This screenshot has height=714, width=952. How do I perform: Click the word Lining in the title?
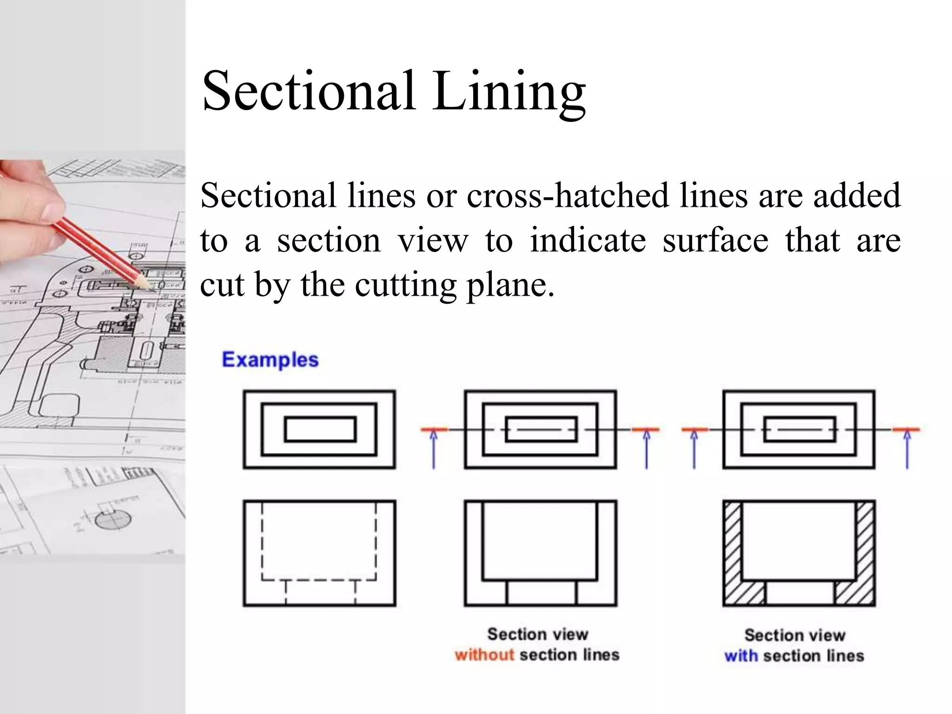509,92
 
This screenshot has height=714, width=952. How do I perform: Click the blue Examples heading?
270,359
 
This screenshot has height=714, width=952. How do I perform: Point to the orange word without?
484,654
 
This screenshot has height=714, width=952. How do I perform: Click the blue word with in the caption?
740,655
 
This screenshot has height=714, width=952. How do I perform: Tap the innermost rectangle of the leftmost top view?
320,429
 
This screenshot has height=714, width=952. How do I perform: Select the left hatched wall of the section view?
732,542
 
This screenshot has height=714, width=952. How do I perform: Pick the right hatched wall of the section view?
865,542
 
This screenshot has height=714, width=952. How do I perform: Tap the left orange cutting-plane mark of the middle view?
434,430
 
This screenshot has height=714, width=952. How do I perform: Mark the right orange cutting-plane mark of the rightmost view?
906,429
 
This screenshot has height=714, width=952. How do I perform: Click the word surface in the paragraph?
715,240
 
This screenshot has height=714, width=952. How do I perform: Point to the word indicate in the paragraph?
588,240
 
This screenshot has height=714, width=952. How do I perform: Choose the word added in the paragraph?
856,196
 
